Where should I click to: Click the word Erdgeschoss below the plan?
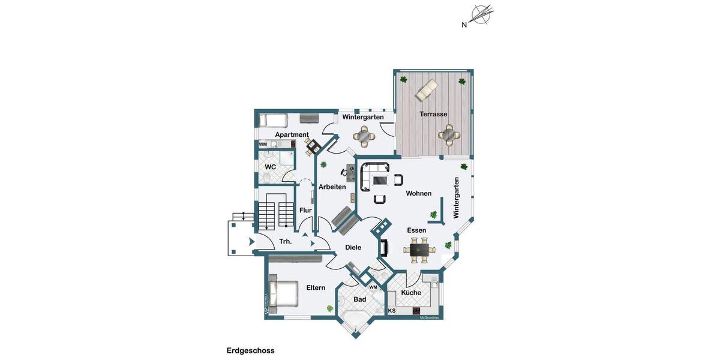[x=250, y=350]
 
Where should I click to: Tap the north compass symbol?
[x=481, y=15]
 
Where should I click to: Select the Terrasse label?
[x=433, y=114]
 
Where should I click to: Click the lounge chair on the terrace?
[x=427, y=89]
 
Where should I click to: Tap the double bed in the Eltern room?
[x=284, y=295]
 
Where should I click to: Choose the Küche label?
[x=411, y=293]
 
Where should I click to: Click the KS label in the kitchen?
[x=392, y=311]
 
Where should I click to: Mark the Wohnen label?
[x=418, y=193]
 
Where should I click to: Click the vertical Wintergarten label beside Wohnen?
[x=456, y=197]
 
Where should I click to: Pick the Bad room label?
[x=359, y=299]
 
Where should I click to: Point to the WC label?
[x=270, y=166]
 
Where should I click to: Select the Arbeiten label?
[x=332, y=187]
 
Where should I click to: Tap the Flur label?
[x=305, y=210]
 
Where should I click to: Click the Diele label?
[x=353, y=247]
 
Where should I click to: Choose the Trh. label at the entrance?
[x=286, y=242]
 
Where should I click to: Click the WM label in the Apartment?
[x=263, y=145]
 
